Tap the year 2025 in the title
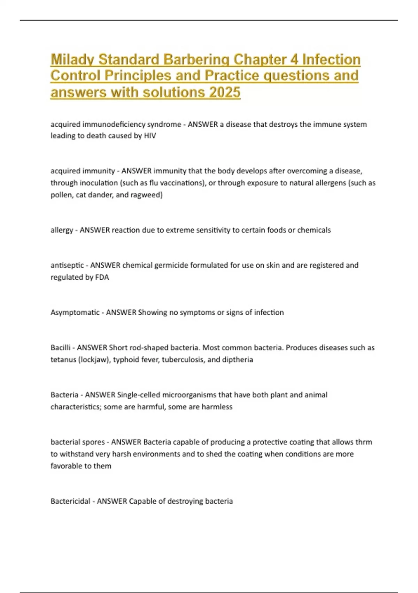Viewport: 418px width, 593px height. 225,92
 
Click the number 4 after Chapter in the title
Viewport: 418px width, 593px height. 294,59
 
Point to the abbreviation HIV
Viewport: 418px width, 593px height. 150,136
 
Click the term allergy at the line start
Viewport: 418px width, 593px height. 62,230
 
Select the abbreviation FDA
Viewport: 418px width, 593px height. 102,277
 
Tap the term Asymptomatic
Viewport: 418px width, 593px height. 75,312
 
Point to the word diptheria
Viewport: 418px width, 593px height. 237,359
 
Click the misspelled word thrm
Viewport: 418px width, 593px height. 364,442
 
